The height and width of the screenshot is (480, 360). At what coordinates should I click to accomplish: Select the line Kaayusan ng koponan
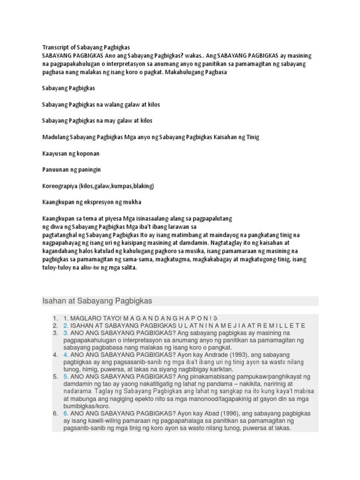[70, 153]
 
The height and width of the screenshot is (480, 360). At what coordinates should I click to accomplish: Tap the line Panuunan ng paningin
[71, 169]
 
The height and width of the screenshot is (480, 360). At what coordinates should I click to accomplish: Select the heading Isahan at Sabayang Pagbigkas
[97, 300]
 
